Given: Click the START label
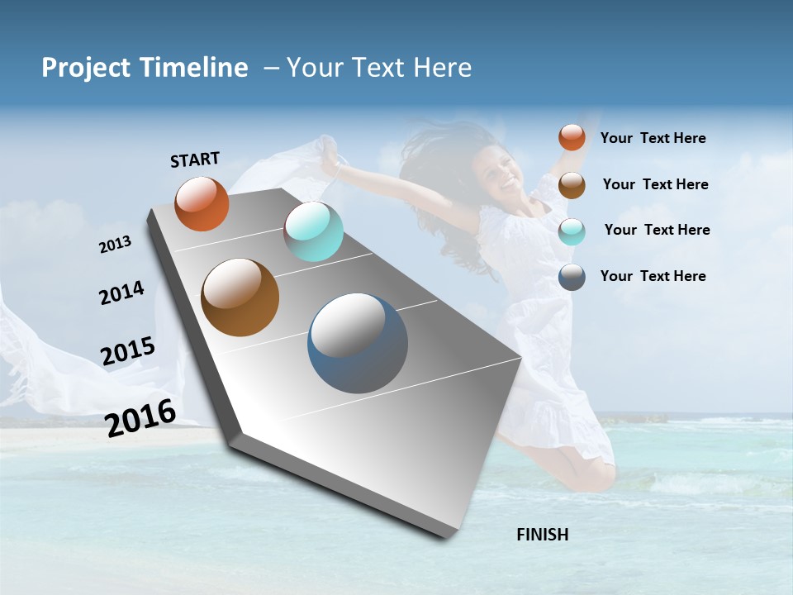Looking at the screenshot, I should click(195, 159).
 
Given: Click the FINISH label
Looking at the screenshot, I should click(542, 535).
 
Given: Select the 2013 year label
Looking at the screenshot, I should click(116, 245).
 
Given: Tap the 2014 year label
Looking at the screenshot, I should click(121, 293).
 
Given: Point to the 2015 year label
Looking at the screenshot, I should click(128, 351).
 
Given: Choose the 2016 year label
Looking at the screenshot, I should click(140, 417).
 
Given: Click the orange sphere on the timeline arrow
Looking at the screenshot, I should click(202, 204).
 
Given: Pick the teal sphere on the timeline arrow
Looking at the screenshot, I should click(313, 231).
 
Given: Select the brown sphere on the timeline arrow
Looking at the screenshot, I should click(240, 297).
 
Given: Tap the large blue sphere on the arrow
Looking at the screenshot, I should click(358, 343).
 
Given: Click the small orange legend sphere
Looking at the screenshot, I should click(572, 137).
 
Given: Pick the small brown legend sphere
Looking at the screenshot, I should click(572, 185).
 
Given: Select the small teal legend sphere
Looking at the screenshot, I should click(572, 231).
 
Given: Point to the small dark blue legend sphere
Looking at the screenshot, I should click(572, 277).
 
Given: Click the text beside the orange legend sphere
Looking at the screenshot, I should click(653, 138).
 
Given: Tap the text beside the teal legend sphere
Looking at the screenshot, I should click(657, 230).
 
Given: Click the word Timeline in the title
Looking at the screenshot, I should click(193, 68).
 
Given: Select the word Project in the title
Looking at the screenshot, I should click(86, 68).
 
